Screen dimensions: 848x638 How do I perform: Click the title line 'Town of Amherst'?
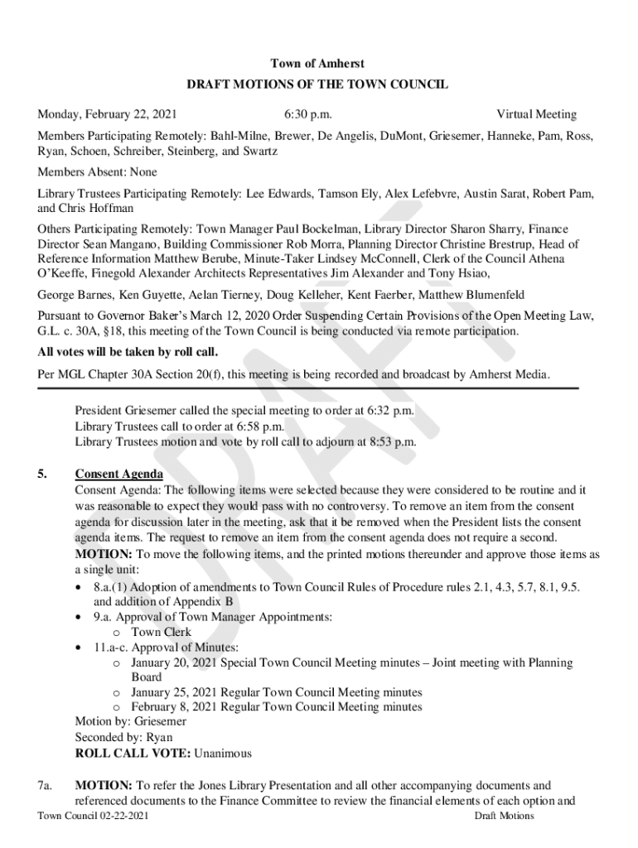317,64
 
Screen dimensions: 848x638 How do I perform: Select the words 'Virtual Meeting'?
536,114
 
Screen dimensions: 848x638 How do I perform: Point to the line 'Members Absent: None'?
97,172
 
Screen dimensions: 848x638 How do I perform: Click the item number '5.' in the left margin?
42,475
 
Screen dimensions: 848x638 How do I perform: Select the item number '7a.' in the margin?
46,784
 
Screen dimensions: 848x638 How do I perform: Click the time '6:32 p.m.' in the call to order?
390,411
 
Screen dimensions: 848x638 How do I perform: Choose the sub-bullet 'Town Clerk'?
161,632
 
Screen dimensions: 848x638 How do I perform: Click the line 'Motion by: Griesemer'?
130,721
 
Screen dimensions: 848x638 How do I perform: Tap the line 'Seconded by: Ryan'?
123,737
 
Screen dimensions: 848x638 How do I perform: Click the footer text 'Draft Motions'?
504,817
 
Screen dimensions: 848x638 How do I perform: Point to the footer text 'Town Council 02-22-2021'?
94,817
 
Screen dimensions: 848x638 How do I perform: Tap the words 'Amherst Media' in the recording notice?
511,374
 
